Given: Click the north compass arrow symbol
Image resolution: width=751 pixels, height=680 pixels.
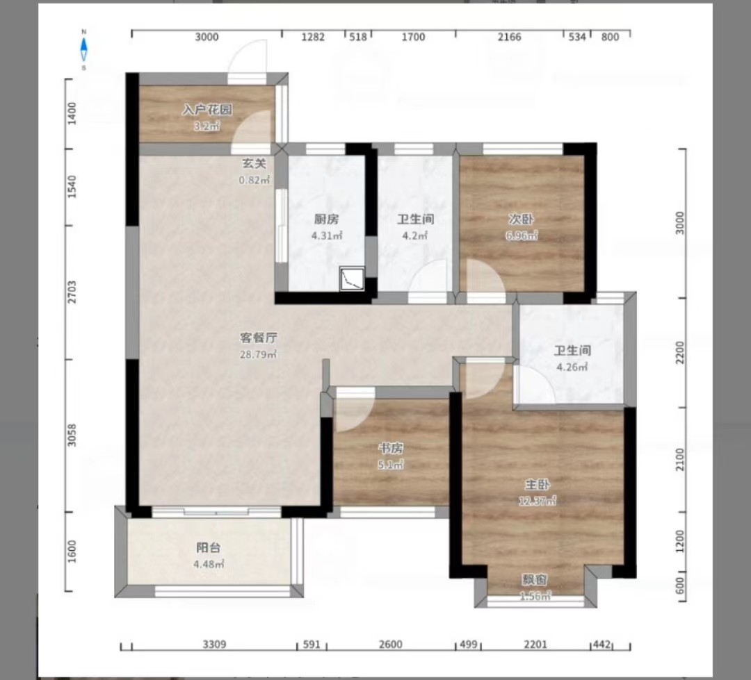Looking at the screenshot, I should pyautogui.click(x=83, y=49).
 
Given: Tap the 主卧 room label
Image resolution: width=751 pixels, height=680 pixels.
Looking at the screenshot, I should pyautogui.click(x=536, y=484).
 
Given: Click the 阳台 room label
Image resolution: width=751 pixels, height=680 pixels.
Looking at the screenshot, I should pyautogui.click(x=209, y=548).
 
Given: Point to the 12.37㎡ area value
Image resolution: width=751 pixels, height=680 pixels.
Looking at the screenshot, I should pyautogui.click(x=536, y=501).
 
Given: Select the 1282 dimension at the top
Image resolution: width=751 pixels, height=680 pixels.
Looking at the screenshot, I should pyautogui.click(x=312, y=38).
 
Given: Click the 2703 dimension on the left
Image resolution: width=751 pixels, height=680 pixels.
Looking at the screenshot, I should pyautogui.click(x=72, y=292).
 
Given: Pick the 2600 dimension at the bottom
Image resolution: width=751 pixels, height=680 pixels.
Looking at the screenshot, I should pyautogui.click(x=390, y=645).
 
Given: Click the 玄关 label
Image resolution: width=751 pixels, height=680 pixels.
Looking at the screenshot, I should pyautogui.click(x=254, y=164).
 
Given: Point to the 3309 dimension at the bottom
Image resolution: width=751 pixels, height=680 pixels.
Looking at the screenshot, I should pyautogui.click(x=215, y=645).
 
